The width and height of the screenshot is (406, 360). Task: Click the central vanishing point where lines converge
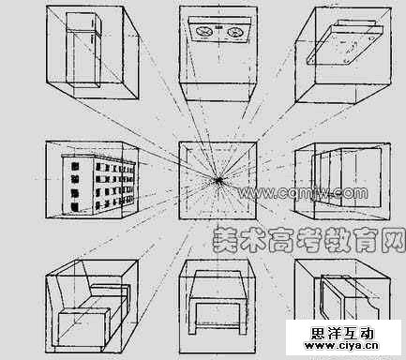click(218, 178)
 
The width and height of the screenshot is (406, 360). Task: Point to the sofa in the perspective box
click(85, 305)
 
